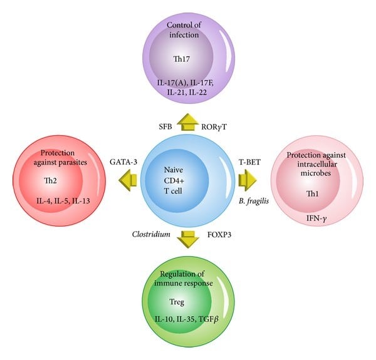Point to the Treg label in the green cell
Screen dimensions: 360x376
pyautogui.click(x=187, y=302)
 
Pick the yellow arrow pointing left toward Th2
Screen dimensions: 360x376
pyautogui.click(x=128, y=180)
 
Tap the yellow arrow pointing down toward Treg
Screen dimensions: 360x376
pyautogui.click(x=187, y=239)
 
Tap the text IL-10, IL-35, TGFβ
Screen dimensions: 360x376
pyautogui.click(x=188, y=319)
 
